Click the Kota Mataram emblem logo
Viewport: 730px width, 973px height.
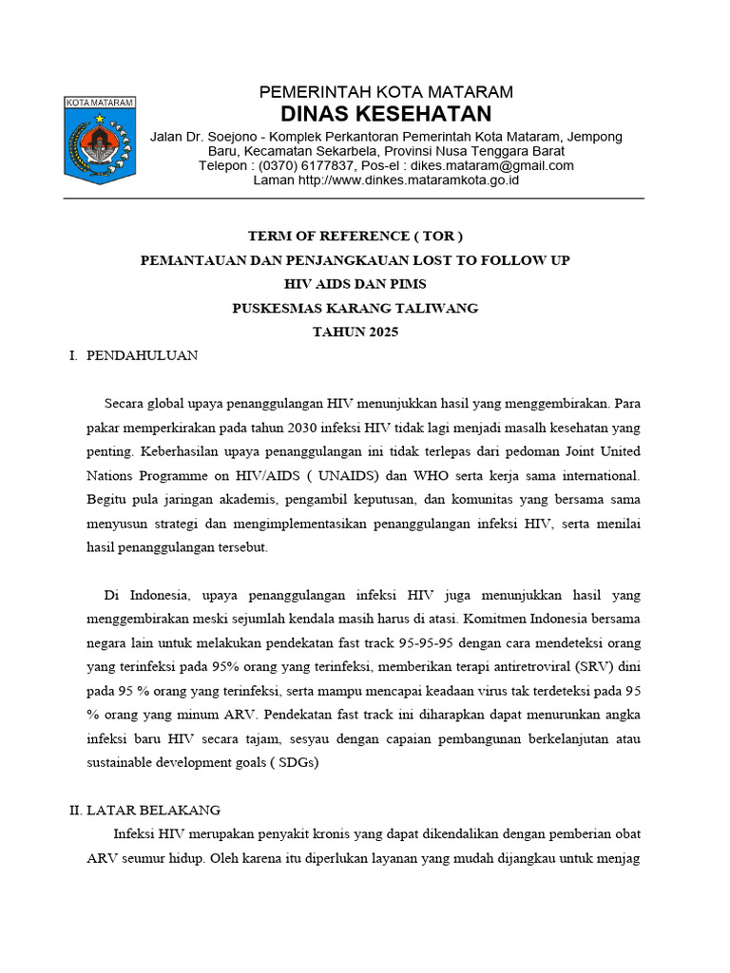tap(100, 140)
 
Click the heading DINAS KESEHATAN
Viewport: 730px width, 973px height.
tap(387, 115)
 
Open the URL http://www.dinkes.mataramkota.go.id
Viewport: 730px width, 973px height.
tap(409, 180)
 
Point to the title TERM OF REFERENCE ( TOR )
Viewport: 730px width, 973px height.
tap(355, 236)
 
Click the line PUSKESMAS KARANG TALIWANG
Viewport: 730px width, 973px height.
tap(355, 308)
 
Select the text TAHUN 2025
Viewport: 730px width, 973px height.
tap(355, 332)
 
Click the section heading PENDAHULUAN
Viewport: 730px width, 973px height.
tap(142, 355)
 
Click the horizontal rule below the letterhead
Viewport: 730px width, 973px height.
tap(354, 199)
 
